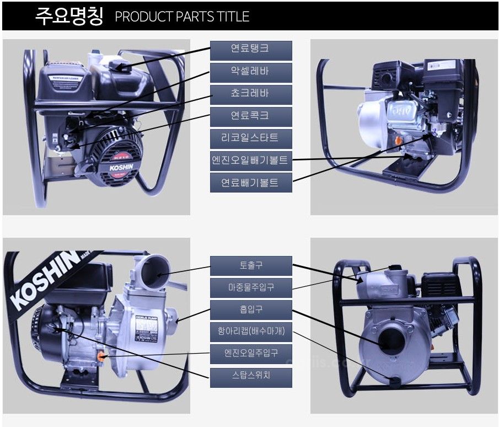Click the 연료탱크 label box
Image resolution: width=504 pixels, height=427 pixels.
(x=251, y=49)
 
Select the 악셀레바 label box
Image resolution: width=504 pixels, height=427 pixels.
(x=251, y=71)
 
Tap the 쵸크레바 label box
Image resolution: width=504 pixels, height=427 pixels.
(x=251, y=93)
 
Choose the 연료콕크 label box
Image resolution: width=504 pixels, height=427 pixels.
(x=251, y=116)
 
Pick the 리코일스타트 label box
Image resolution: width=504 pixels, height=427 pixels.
(x=251, y=138)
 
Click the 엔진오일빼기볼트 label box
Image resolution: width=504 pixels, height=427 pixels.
(x=251, y=160)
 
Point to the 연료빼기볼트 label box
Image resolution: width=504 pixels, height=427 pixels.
(x=251, y=182)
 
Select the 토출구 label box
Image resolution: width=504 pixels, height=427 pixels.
(x=251, y=265)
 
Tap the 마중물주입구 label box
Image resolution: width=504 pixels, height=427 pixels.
(x=251, y=287)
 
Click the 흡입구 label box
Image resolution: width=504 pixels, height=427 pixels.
(x=251, y=309)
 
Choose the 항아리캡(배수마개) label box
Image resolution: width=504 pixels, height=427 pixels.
(x=251, y=332)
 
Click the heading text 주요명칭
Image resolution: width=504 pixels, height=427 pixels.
(x=69, y=16)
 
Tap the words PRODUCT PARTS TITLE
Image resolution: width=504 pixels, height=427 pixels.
(x=182, y=17)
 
